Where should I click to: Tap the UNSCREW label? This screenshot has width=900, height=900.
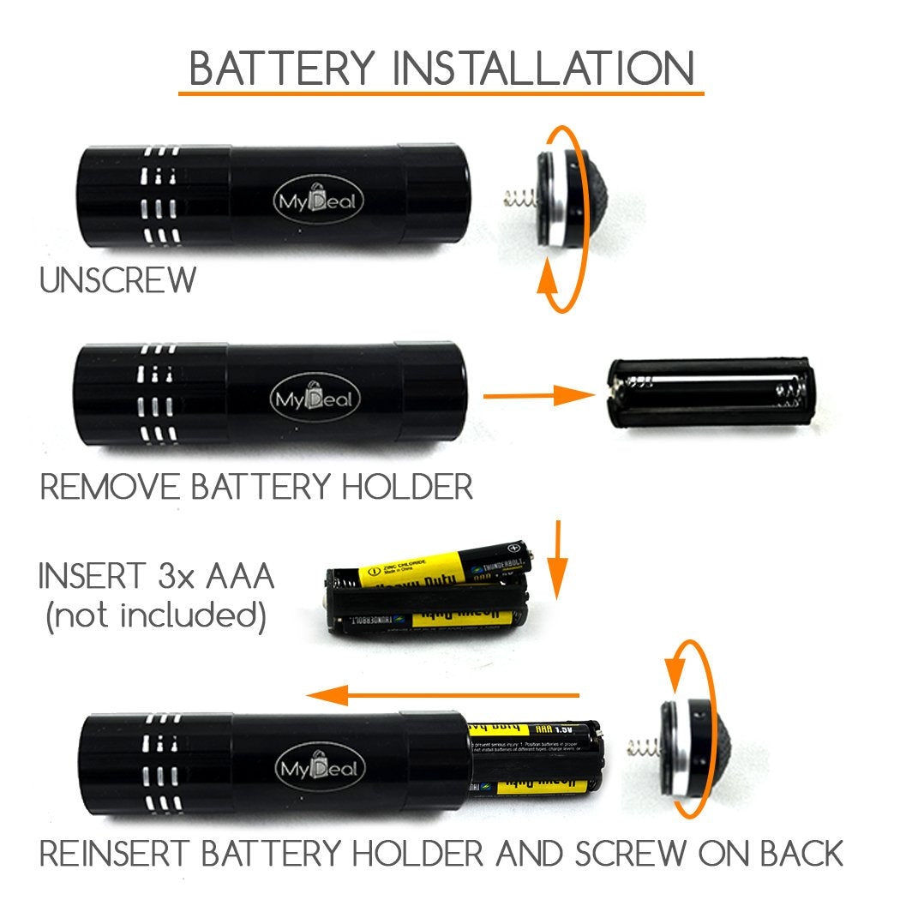118,280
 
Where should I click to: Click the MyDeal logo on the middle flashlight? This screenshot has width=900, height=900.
316,399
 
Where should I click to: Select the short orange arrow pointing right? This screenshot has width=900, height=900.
539,395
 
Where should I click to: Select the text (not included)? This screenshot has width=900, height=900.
155,615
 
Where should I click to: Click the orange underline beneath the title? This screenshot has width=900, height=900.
441,92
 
